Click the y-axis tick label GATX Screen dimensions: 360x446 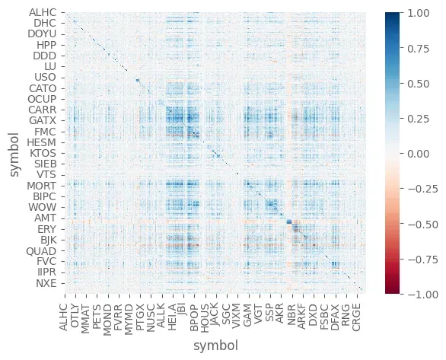point(43,120)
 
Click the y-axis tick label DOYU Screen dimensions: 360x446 point(42,33)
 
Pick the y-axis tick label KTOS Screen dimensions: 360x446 point(44,153)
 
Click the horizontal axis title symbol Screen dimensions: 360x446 point(216,347)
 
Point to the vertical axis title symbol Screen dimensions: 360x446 point(14,152)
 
